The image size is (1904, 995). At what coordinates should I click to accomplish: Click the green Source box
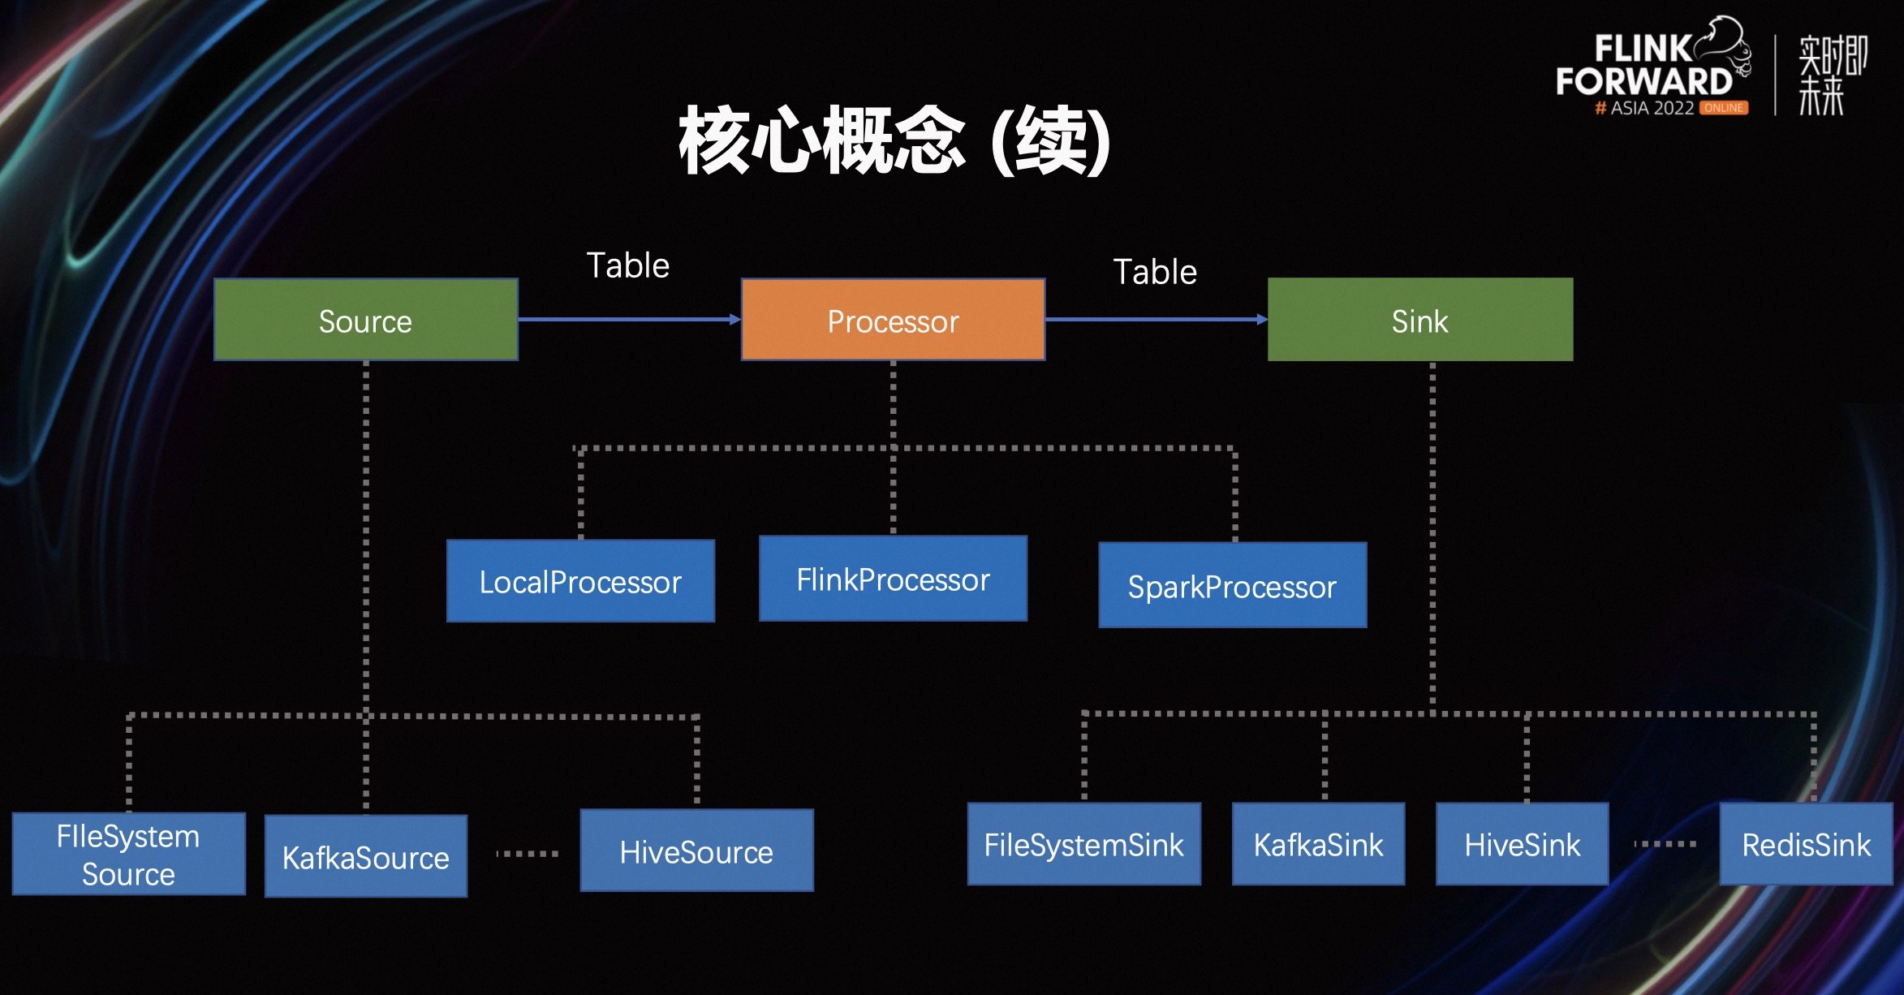click(x=365, y=321)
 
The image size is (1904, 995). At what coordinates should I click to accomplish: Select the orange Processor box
click(x=893, y=321)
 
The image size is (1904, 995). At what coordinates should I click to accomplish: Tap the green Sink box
click(x=1420, y=321)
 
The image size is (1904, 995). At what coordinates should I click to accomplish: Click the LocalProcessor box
click(x=580, y=581)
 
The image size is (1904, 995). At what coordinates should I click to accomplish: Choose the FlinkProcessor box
click(x=893, y=579)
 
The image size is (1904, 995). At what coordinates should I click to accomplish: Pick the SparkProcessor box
click(x=1232, y=585)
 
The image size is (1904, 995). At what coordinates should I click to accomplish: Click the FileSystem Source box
click(x=128, y=854)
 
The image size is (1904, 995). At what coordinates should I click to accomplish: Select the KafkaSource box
click(x=366, y=856)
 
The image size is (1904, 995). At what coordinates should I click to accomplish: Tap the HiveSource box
click(x=696, y=851)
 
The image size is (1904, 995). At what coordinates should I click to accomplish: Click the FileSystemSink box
click(x=1083, y=844)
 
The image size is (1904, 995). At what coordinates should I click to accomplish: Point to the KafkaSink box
click(x=1318, y=844)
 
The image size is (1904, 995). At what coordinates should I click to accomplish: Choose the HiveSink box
click(x=1522, y=844)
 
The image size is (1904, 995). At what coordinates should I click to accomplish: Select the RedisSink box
click(x=1806, y=844)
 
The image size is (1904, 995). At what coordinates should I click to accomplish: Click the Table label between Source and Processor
click(x=627, y=265)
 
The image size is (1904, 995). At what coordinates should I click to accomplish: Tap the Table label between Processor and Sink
click(x=1155, y=272)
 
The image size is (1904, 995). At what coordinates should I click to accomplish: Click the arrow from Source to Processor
click(x=629, y=320)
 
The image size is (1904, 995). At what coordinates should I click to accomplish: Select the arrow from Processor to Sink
click(x=1156, y=320)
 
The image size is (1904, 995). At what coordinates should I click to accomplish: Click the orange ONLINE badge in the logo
click(x=1723, y=108)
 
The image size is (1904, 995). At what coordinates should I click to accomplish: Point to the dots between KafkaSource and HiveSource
click(x=527, y=854)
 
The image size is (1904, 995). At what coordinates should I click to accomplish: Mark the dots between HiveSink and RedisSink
click(x=1665, y=844)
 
